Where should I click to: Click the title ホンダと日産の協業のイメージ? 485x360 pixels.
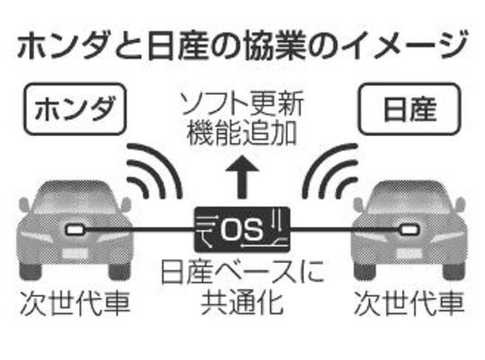(242, 47)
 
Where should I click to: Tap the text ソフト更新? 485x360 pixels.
(242, 103)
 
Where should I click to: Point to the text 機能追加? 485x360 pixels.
(242, 133)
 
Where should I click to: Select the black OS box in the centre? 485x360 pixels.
(242, 229)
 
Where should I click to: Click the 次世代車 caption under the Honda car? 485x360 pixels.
(76, 302)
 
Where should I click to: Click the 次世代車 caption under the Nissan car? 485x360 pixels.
(409, 302)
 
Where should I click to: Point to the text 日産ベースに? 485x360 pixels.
(242, 272)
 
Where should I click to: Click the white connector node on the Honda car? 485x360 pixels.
(76, 229)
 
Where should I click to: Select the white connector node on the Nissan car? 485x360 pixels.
(409, 229)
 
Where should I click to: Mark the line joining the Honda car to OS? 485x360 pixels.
(139, 229)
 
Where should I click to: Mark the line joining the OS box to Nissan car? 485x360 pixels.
(346, 229)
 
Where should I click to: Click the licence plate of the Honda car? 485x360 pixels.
(76, 253)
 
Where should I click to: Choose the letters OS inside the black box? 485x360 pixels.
(241, 229)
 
